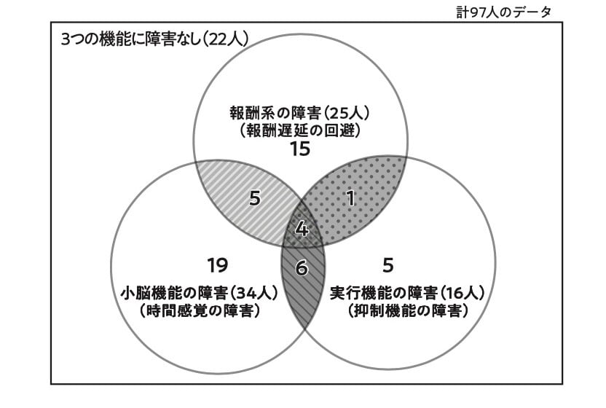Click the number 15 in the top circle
tap(299, 149)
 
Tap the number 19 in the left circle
tap(218, 264)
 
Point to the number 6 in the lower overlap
tap(302, 268)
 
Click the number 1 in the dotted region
tap(350, 198)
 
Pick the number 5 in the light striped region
tap(254, 198)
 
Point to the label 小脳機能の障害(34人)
tap(198, 293)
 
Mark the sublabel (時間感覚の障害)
tap(198, 310)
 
